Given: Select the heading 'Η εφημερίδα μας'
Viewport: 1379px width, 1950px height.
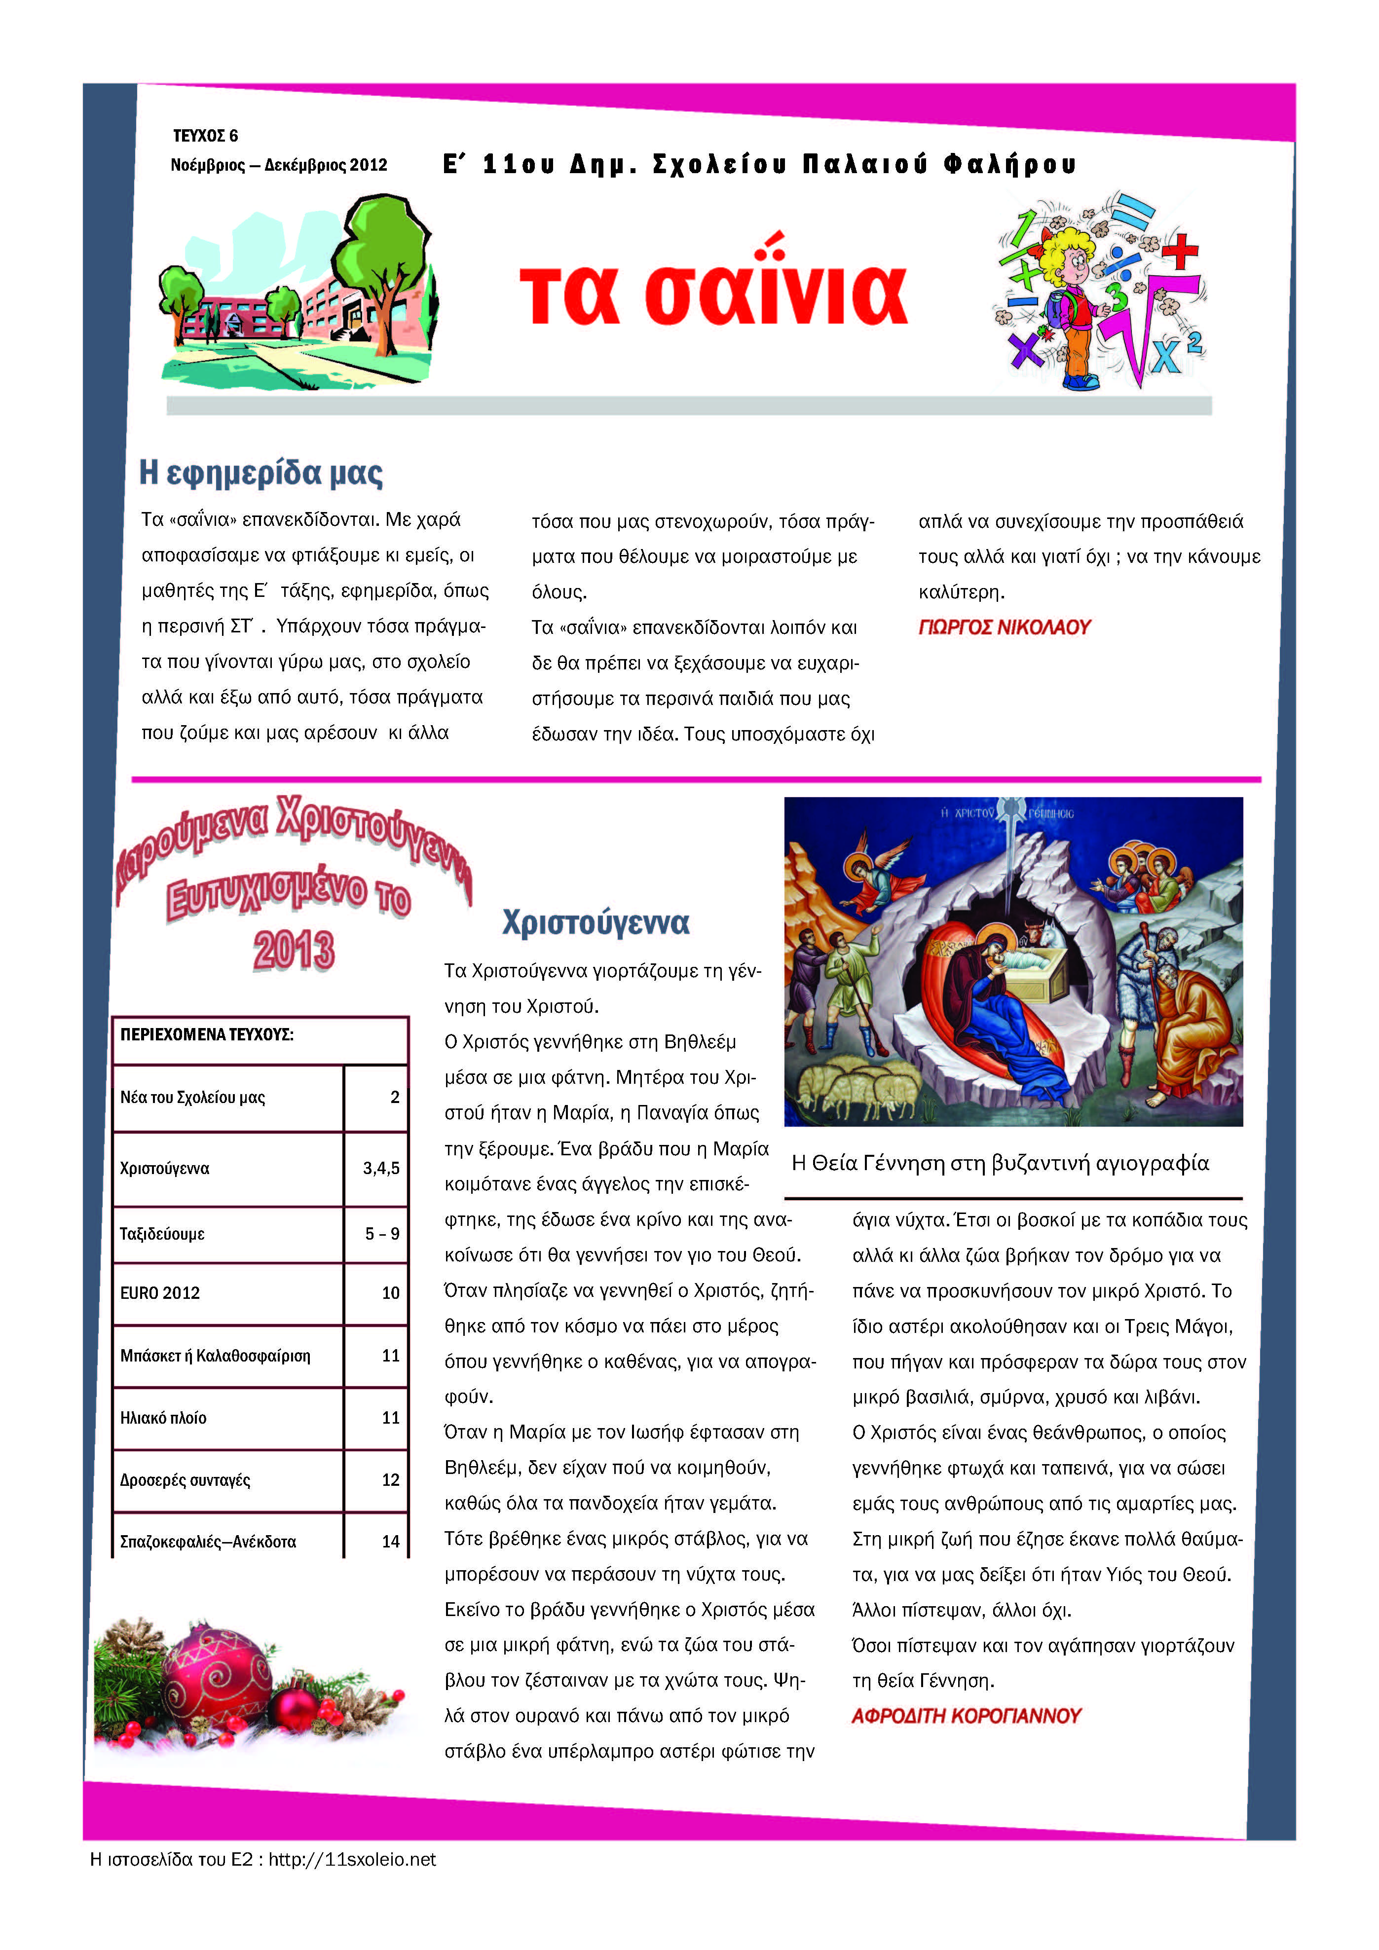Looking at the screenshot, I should point(261,473).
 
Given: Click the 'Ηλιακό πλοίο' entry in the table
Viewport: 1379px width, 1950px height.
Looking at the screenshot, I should point(163,1418).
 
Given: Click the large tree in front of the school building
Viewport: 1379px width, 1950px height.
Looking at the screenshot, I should point(382,255).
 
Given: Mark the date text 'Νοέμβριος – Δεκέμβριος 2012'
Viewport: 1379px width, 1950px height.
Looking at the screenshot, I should point(279,165).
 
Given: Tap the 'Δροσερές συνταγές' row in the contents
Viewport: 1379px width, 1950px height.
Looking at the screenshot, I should point(185,1479).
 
